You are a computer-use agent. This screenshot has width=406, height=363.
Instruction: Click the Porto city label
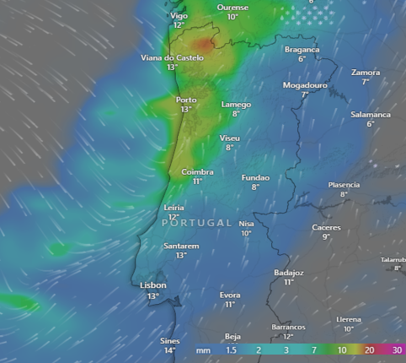pos(186,100)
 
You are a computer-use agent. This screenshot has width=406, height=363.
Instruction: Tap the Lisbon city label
pos(152,285)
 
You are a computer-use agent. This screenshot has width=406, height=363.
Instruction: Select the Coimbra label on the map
pos(197,171)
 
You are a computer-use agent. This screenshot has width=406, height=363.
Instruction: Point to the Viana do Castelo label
pos(172,57)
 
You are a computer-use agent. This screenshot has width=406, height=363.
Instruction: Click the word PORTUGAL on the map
pos(196,222)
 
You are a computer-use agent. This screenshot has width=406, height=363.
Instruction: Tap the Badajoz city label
pos(288,273)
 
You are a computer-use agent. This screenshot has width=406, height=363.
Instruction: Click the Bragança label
pos(302,50)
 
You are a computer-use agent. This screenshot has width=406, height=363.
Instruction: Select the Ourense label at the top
pos(232,7)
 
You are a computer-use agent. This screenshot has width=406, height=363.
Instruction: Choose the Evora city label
pos(230,295)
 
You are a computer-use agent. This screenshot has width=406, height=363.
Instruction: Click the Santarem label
pos(180,246)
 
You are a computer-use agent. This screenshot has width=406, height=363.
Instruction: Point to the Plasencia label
pos(344,184)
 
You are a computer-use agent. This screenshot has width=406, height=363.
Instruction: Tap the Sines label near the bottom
pos(169,340)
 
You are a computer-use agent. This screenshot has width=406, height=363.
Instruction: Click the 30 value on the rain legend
pos(397,349)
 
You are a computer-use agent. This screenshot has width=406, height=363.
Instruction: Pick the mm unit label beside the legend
pos(203,349)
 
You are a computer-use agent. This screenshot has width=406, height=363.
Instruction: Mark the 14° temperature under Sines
pos(169,350)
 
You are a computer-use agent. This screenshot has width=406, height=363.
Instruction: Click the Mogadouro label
pos(304,85)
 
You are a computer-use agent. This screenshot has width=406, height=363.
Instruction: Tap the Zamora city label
pos(366,73)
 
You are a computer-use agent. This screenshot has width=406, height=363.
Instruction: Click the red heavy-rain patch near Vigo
pos(203,42)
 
